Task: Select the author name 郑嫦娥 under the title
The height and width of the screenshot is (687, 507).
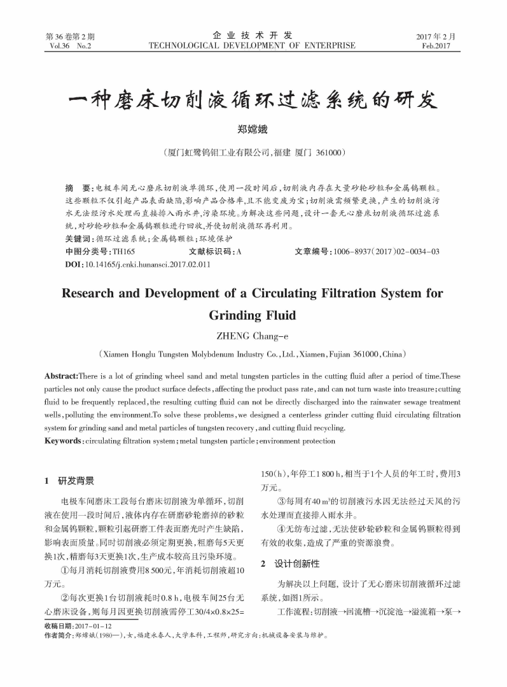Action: (253, 131)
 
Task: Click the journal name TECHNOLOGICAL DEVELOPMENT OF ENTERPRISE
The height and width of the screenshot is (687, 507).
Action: (252, 46)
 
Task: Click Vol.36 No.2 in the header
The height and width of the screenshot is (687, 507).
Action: (69, 46)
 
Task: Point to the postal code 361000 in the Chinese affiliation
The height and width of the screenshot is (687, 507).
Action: (327, 153)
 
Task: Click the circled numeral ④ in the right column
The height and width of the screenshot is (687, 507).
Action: (281, 529)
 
